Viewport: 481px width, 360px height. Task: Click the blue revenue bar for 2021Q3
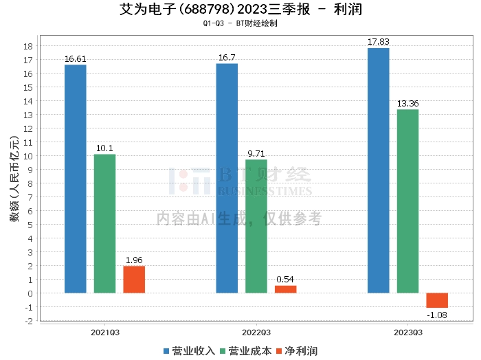point(75,179)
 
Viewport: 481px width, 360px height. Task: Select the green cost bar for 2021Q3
point(104,223)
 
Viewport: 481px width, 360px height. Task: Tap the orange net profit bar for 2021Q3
point(134,280)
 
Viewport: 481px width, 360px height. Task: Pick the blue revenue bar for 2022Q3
point(227,178)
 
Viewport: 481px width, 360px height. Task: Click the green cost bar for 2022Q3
point(256,226)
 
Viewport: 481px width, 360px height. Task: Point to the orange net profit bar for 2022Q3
point(286,289)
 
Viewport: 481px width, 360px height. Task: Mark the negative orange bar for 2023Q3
point(437,300)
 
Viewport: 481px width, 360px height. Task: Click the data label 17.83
point(379,42)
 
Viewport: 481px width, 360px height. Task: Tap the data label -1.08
point(437,315)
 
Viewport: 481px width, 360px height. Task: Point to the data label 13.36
point(407,104)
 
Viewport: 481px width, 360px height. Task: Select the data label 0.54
point(286,280)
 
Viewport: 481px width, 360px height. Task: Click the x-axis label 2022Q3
point(256,331)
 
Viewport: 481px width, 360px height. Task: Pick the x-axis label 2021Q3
point(105,331)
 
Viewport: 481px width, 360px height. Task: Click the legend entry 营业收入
point(190,351)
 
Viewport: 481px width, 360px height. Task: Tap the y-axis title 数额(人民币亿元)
point(14,179)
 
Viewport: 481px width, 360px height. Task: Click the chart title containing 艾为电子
point(240,10)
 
